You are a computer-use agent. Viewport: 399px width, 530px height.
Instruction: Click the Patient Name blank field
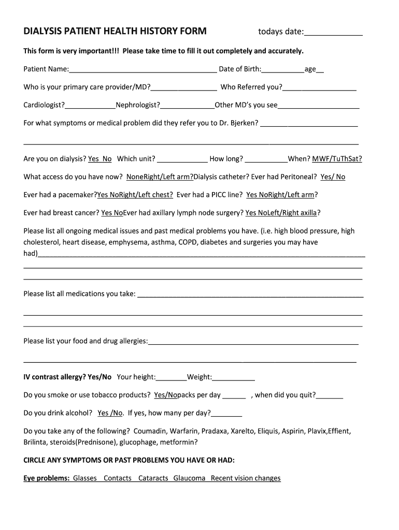pyautogui.click(x=142, y=70)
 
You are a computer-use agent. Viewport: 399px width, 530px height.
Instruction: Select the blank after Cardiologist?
pyautogui.click(x=90, y=106)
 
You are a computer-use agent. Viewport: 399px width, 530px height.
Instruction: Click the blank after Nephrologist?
pyautogui.click(x=187, y=106)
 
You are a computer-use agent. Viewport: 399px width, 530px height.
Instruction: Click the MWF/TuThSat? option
pyautogui.click(x=337, y=159)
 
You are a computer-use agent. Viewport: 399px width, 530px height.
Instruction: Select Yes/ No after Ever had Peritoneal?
pyautogui.click(x=333, y=176)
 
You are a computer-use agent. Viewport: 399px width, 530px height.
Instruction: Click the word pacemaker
pyautogui.click(x=78, y=195)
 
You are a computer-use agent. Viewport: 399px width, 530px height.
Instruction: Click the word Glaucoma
pyautogui.click(x=189, y=478)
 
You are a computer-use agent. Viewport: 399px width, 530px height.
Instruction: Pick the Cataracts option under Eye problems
pyautogui.click(x=153, y=478)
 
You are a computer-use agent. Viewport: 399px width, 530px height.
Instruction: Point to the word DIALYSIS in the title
pyautogui.click(x=42, y=32)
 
